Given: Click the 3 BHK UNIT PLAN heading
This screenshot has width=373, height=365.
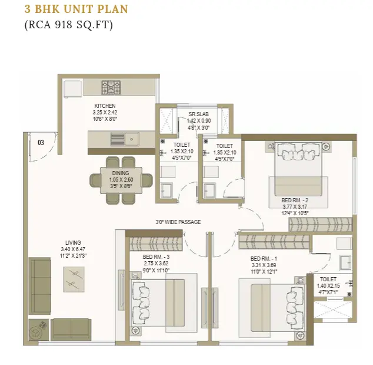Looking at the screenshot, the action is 76,9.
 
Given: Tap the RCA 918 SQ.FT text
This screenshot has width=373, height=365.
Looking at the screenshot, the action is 69,25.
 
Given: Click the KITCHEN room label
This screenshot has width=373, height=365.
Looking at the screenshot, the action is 105,106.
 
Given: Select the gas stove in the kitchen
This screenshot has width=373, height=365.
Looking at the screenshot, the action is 111,87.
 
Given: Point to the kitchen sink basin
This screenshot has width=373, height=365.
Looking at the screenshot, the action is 132,139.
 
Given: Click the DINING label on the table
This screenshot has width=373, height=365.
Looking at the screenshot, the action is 121,173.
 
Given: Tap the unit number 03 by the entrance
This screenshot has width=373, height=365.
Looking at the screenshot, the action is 41,143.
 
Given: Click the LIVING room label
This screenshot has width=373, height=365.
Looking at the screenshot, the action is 74,243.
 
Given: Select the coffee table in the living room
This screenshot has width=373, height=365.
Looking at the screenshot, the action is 74,279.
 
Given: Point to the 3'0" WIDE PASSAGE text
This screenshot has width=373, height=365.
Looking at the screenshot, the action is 178,222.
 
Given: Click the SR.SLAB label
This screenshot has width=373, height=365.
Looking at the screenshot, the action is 199,114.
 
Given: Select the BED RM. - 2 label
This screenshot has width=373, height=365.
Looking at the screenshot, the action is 295,200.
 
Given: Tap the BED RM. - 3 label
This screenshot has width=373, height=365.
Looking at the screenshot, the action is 156,257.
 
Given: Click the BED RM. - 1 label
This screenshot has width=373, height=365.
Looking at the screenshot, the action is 264,259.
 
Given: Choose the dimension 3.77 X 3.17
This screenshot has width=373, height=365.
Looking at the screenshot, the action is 295,207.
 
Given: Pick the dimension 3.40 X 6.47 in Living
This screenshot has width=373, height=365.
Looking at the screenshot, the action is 73,249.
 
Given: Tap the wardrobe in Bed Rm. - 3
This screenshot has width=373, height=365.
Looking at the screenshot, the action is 156,244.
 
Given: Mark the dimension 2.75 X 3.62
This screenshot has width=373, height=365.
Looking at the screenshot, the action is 156,264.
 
